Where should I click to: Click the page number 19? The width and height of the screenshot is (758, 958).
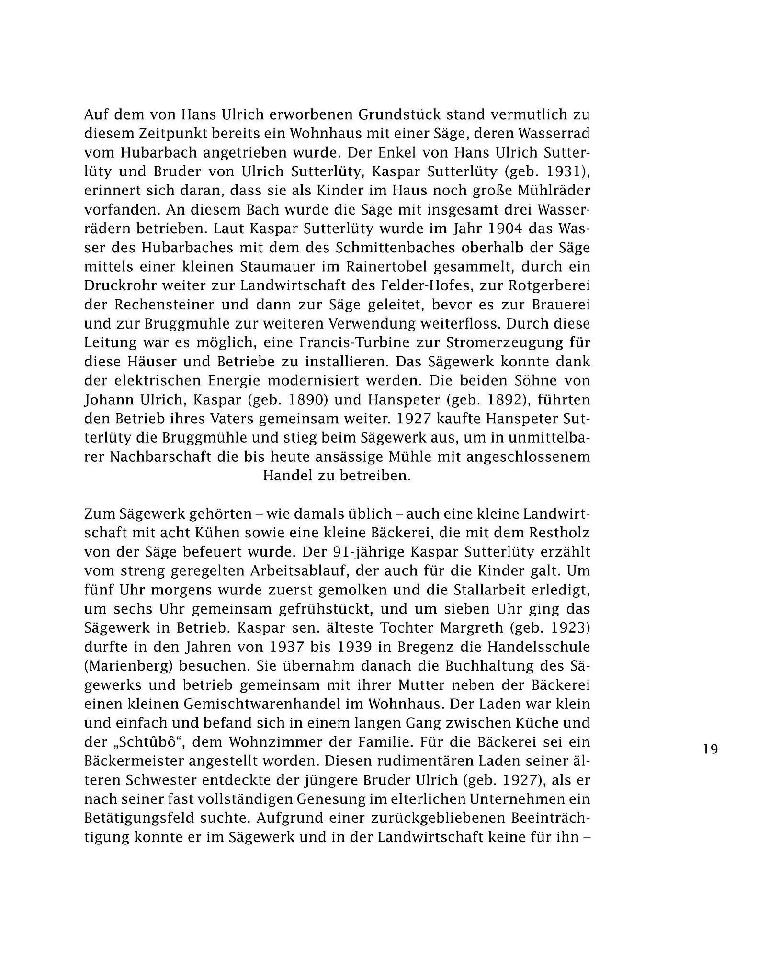[711, 749]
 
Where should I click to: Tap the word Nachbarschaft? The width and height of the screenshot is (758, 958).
[160, 457]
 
